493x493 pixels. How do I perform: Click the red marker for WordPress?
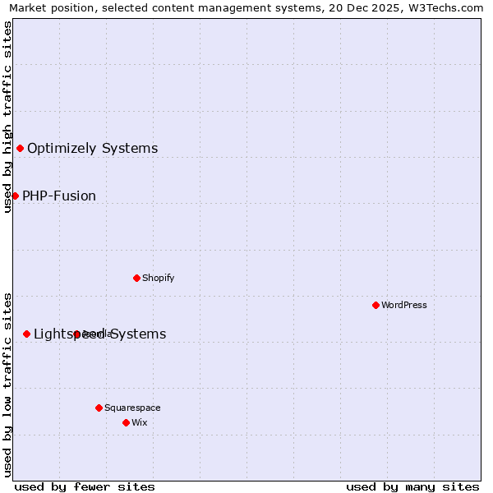376,305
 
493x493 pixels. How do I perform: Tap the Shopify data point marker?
136,278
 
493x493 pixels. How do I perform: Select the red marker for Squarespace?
99,408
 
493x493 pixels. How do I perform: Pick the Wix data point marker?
126,422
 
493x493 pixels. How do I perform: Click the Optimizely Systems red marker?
20,148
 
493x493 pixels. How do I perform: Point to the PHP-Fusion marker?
15,196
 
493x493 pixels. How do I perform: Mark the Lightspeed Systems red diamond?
26,334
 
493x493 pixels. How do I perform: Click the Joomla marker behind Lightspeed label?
76,334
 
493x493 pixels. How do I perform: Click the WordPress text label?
404,305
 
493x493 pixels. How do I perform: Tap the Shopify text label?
159,278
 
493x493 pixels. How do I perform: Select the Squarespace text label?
132,408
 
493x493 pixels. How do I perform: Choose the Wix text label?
139,422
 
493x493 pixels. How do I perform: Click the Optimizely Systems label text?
92,149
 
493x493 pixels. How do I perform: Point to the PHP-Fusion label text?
59,196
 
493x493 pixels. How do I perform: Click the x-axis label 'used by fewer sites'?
85,486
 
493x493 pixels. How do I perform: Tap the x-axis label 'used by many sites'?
412,486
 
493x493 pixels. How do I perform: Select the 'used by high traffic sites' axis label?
7,117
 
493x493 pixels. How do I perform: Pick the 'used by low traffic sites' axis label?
7,384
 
